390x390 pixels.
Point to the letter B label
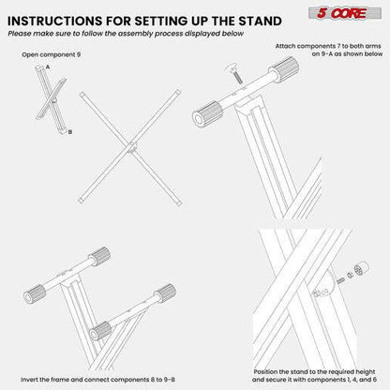pos(69,132)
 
